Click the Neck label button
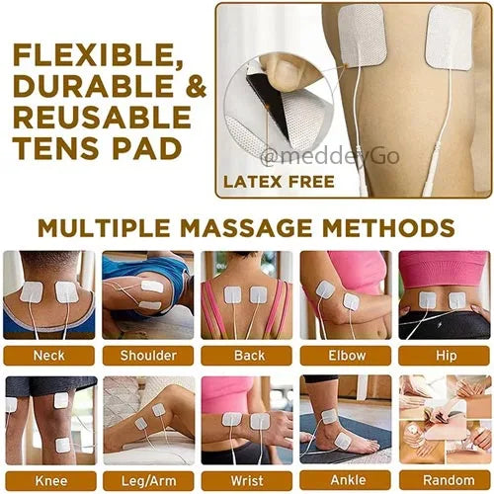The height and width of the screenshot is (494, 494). (x=49, y=356)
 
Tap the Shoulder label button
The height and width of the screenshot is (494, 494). (x=148, y=356)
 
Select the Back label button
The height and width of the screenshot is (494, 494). (x=247, y=356)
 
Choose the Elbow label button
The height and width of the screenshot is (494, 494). (x=346, y=356)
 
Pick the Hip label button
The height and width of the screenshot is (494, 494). (x=445, y=356)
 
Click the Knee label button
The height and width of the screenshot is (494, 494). (x=51, y=481)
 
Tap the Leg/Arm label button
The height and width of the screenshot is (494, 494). (x=148, y=481)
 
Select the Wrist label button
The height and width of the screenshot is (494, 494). (x=247, y=481)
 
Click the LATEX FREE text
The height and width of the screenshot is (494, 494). (x=279, y=182)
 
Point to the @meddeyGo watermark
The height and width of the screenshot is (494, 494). (x=330, y=157)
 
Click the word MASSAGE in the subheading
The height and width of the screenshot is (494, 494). (x=246, y=227)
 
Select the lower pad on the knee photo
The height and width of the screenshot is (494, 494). (x=63, y=446)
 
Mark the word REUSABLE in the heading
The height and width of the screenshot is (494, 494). (x=102, y=118)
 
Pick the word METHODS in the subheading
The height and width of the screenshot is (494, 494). (x=388, y=227)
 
